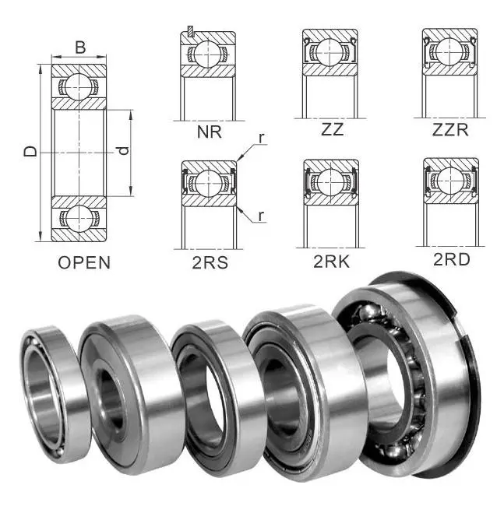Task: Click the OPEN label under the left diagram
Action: coord(84,262)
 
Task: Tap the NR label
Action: coord(210,132)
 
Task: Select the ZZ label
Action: coord(332,129)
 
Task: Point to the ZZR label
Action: coord(450,130)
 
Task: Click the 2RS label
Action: coord(210,262)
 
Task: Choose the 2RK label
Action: coord(331,262)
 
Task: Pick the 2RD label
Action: coord(451,259)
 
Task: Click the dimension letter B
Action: coord(80,47)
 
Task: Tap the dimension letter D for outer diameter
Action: coord(30,151)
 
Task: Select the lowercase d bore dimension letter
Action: coord(123,150)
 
